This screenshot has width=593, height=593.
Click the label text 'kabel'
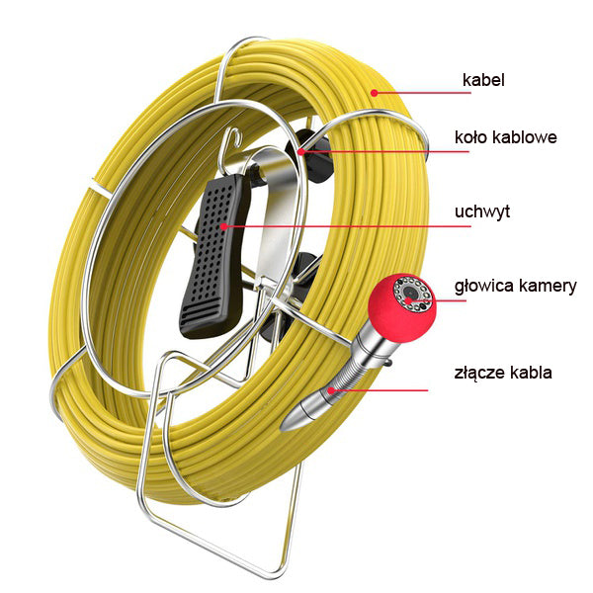point(483,79)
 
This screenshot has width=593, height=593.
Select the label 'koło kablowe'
point(505,136)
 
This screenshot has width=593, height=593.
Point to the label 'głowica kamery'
point(515,287)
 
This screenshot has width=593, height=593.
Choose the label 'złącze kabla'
point(504,373)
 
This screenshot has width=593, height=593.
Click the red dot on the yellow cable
point(374,92)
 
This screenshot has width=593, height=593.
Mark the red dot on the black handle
point(227,226)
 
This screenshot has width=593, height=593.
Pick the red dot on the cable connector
point(333,390)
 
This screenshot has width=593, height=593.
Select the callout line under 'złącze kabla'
point(385,390)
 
